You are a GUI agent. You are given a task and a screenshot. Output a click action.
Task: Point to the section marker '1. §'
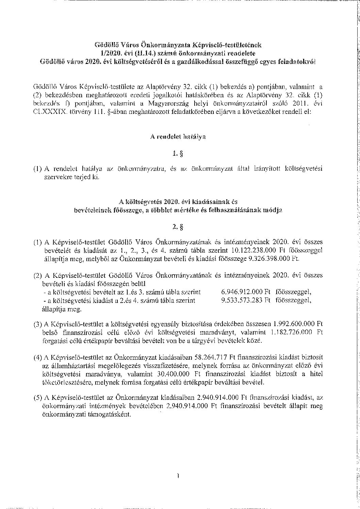coord(178,154)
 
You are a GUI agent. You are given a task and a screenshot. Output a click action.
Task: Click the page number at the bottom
coord(178,476)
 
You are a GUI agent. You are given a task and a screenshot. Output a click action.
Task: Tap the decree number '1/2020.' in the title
coord(105,53)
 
